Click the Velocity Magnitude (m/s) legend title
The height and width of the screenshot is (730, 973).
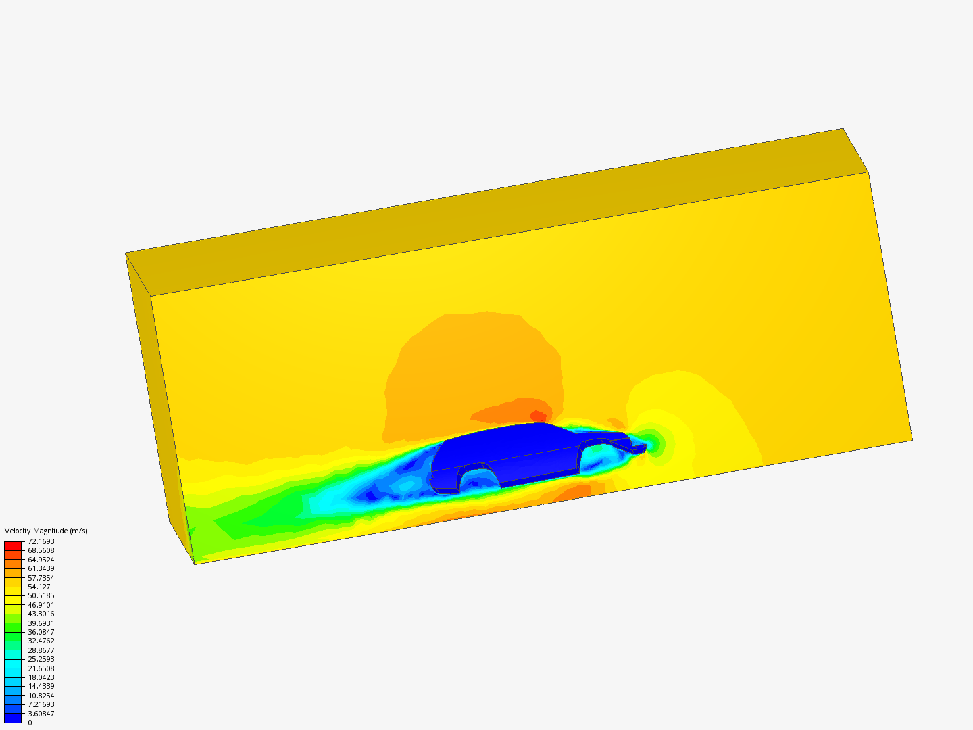[x=46, y=531]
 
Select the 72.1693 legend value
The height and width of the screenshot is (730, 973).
[x=41, y=541]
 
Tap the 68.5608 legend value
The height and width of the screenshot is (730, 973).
[x=41, y=550]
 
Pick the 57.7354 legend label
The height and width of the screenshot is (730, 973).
[x=41, y=577]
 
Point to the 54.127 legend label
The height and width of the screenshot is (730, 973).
[x=39, y=587]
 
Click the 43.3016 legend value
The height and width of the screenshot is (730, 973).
[x=41, y=614]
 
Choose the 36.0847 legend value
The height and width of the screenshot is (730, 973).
[x=41, y=632]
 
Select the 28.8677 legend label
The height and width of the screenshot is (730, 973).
[x=41, y=650]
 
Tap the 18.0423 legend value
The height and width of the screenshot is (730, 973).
[x=41, y=677]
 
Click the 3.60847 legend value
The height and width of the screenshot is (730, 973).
[x=41, y=714]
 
